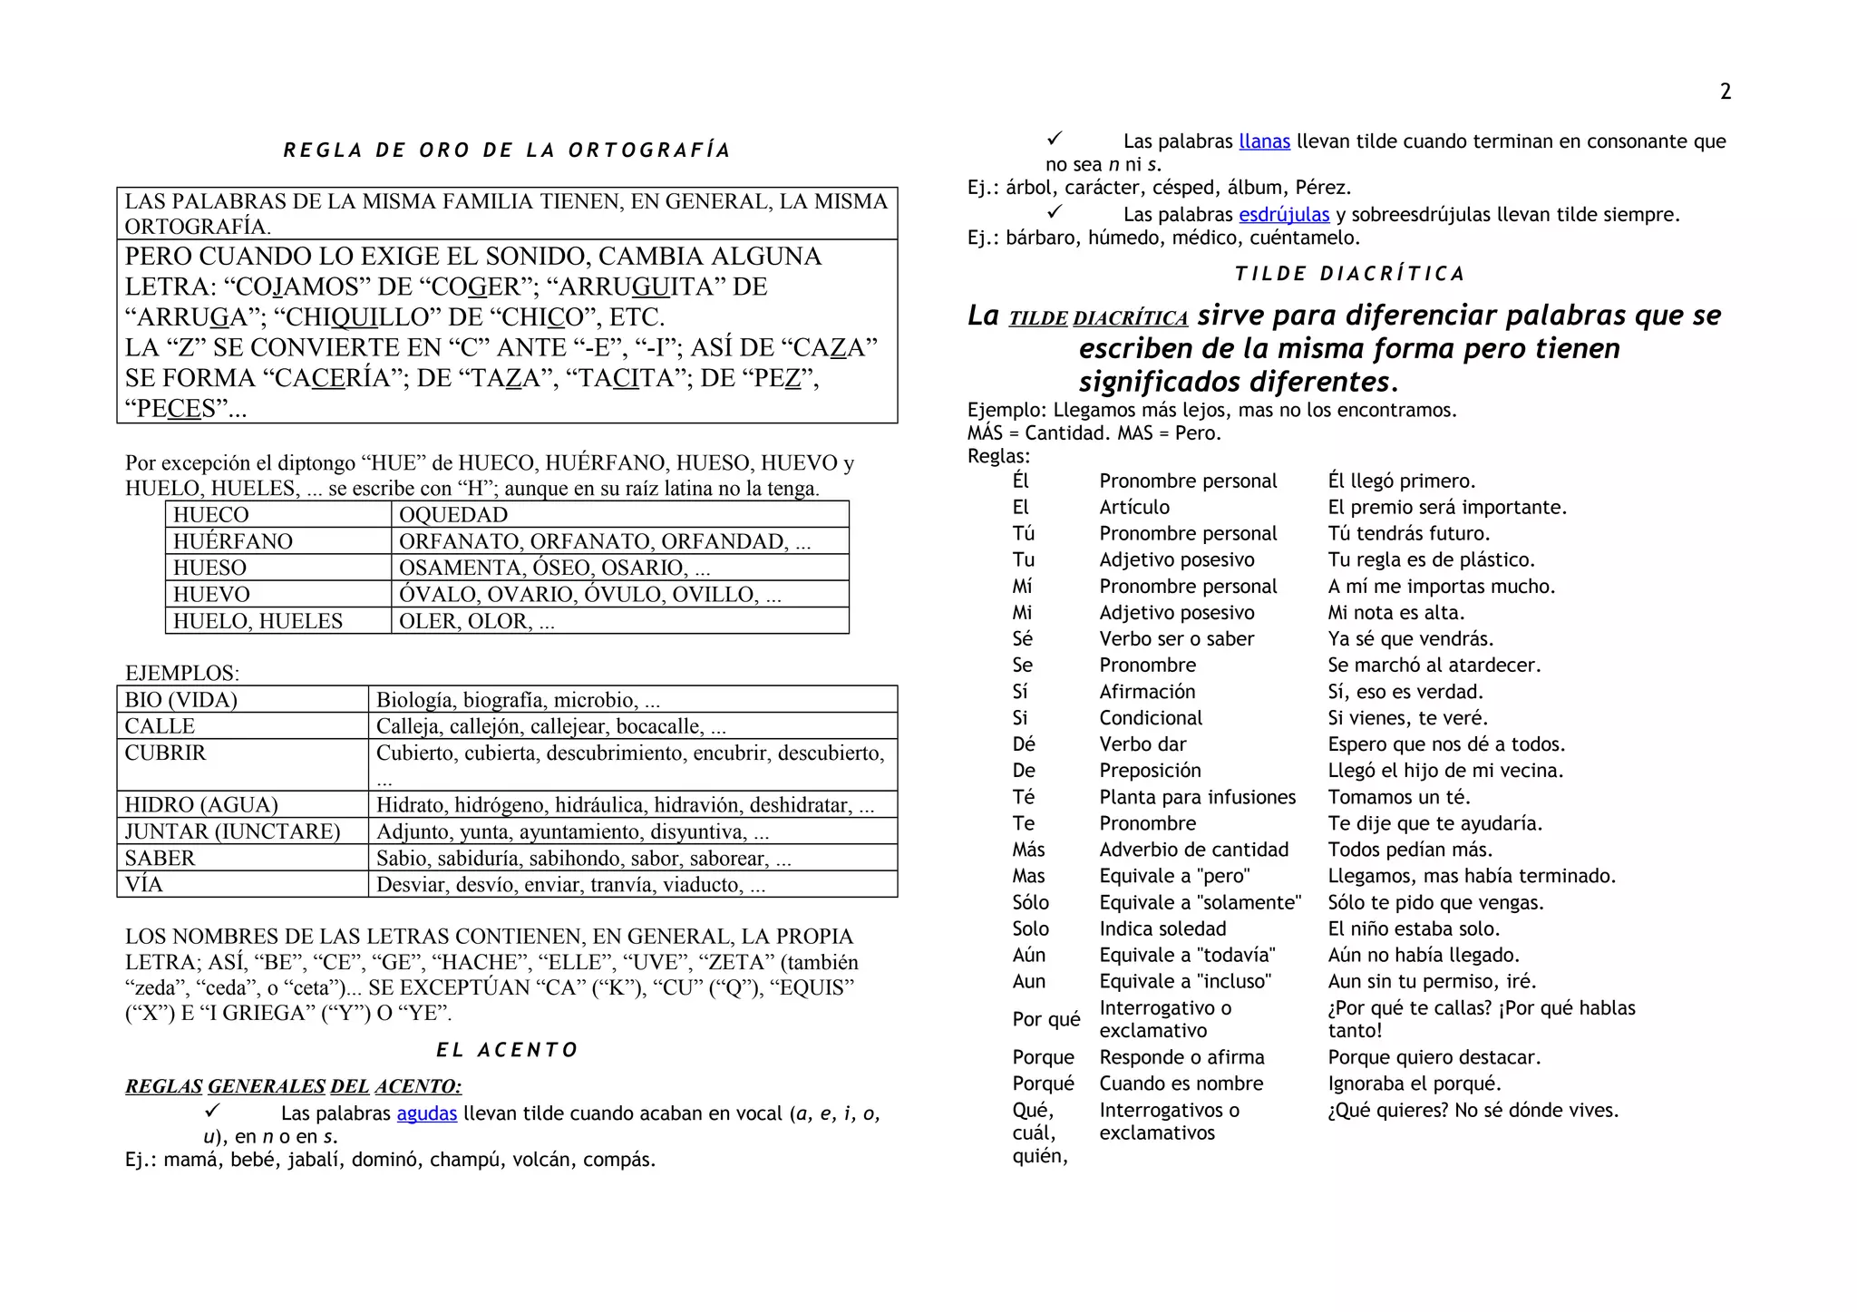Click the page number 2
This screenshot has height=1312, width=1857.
click(x=1725, y=92)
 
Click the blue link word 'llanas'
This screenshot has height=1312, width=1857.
click(x=1264, y=141)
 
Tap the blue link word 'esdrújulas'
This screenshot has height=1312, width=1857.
click(x=1283, y=215)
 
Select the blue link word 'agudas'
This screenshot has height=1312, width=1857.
click(x=426, y=1113)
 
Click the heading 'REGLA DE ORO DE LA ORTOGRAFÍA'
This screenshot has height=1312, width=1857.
click(x=507, y=151)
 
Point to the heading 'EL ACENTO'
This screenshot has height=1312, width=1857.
click(x=507, y=1050)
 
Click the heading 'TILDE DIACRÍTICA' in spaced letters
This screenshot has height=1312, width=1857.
click(x=1349, y=274)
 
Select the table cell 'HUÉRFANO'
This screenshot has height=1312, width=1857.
click(x=233, y=541)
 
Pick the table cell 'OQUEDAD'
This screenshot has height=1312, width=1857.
click(x=453, y=515)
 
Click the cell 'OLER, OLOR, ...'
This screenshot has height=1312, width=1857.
click(x=476, y=621)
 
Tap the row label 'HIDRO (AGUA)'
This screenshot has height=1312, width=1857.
click(x=201, y=805)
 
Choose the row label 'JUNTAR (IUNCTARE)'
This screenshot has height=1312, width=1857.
click(x=232, y=831)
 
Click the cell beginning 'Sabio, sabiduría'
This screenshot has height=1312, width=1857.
click(x=583, y=859)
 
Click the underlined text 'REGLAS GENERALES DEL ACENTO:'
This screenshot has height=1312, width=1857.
click(x=293, y=1086)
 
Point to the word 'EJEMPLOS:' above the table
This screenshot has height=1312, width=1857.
click(x=182, y=673)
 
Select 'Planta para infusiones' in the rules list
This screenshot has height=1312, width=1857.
click(x=1197, y=797)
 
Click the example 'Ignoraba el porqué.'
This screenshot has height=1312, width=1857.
click(x=1414, y=1084)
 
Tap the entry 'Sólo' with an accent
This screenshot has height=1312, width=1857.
click(x=1030, y=902)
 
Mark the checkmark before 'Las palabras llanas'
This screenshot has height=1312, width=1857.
click(x=1054, y=139)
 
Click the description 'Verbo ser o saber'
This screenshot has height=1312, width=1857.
click(x=1176, y=639)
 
